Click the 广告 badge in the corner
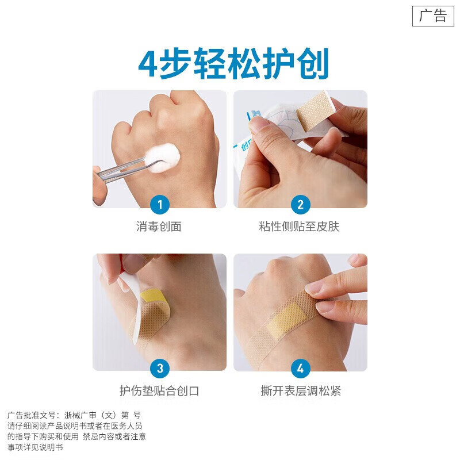(x=432, y=16)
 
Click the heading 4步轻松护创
(x=233, y=64)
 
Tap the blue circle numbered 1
(x=160, y=204)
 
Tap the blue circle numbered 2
(x=300, y=204)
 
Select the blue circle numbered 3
(x=160, y=368)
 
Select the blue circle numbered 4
(x=300, y=368)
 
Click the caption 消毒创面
(x=159, y=227)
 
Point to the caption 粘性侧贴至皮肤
(x=299, y=227)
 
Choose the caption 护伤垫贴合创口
(x=159, y=391)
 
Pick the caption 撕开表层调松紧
(x=300, y=391)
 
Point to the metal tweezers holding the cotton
(x=124, y=168)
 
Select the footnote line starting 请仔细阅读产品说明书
(x=75, y=425)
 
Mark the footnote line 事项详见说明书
(x=35, y=447)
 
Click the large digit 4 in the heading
(x=148, y=65)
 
